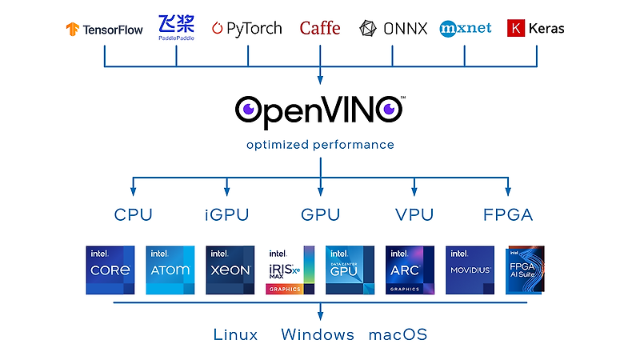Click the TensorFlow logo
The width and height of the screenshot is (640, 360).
pos(104,30)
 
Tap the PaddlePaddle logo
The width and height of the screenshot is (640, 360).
pos(176,26)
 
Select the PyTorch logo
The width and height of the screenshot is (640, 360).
pos(246,28)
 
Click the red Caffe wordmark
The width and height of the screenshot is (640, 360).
pos(320,29)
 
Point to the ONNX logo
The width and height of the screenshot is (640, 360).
pos(392,29)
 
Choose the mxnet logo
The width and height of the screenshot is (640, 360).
pos(465,29)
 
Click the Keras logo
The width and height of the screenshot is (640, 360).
pos(536,28)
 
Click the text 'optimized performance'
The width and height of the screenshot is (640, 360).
pos(320,145)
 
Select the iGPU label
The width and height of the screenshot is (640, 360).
pos(226,214)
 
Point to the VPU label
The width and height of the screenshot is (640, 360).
pos(414,214)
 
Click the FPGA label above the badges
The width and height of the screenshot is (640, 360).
pos(508,214)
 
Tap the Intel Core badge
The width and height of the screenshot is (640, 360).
pos(110,270)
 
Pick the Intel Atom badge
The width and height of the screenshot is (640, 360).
pos(170,270)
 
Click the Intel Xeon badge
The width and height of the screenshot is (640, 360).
pos(230,270)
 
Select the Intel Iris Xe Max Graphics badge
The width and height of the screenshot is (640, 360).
pos(290,270)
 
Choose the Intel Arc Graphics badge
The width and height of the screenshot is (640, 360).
pos(410,270)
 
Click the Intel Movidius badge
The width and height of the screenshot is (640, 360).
pos(470,270)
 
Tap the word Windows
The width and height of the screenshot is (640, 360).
pos(318,334)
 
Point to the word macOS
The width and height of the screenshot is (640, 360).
pos(398,334)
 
